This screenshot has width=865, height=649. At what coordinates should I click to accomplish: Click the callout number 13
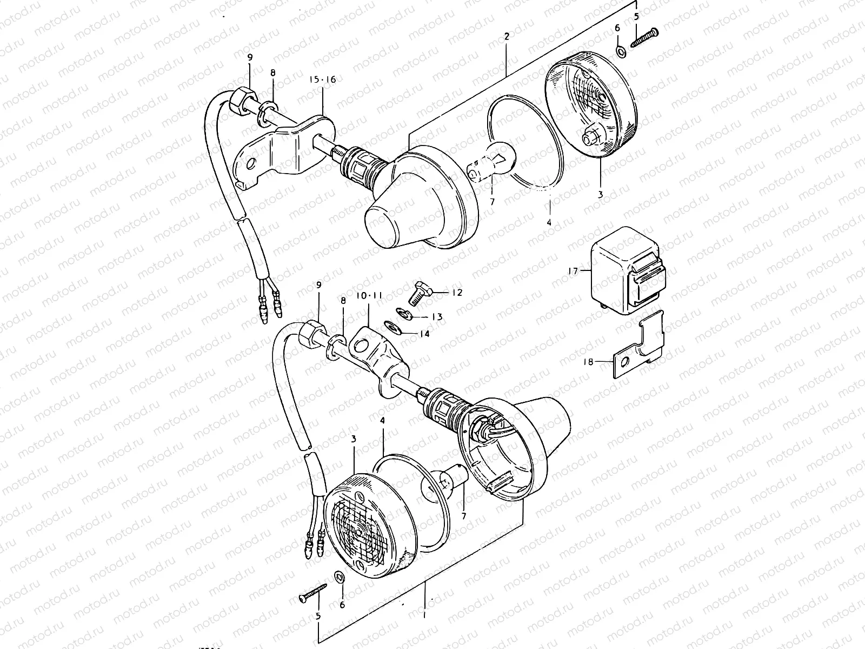point(437,317)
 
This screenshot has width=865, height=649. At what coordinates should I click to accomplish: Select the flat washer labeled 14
point(390,326)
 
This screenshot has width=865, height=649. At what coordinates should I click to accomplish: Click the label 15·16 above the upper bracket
point(322,80)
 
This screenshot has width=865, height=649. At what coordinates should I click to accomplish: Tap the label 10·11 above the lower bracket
point(369,296)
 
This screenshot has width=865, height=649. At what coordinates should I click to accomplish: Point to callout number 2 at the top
point(507,37)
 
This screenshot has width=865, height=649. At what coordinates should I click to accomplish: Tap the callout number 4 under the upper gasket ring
point(548,222)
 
